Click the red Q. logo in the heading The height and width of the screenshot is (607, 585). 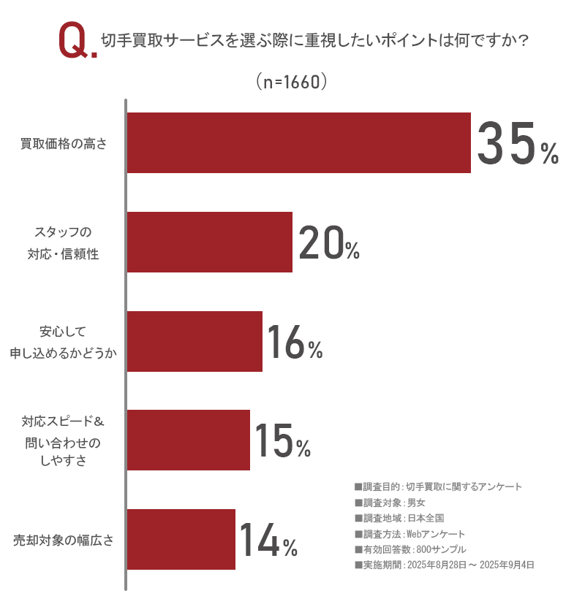(x=77, y=42)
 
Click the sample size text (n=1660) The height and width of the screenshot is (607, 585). (x=290, y=82)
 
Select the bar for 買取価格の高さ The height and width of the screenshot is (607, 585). (x=298, y=143)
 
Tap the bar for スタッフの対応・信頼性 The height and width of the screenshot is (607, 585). (x=210, y=243)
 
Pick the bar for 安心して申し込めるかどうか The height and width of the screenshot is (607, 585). (x=195, y=342)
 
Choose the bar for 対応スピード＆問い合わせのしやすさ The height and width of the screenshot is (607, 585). (x=189, y=440)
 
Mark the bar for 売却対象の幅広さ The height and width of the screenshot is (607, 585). (x=181, y=540)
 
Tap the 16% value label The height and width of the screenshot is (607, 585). (x=294, y=342)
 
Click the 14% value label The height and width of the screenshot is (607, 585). (x=268, y=540)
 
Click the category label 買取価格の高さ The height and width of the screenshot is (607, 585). (x=64, y=144)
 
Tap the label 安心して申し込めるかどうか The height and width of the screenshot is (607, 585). (x=64, y=342)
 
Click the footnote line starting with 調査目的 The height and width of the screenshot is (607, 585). (x=437, y=486)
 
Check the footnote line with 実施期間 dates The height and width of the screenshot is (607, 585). (x=444, y=565)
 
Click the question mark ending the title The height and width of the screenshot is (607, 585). (x=522, y=41)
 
